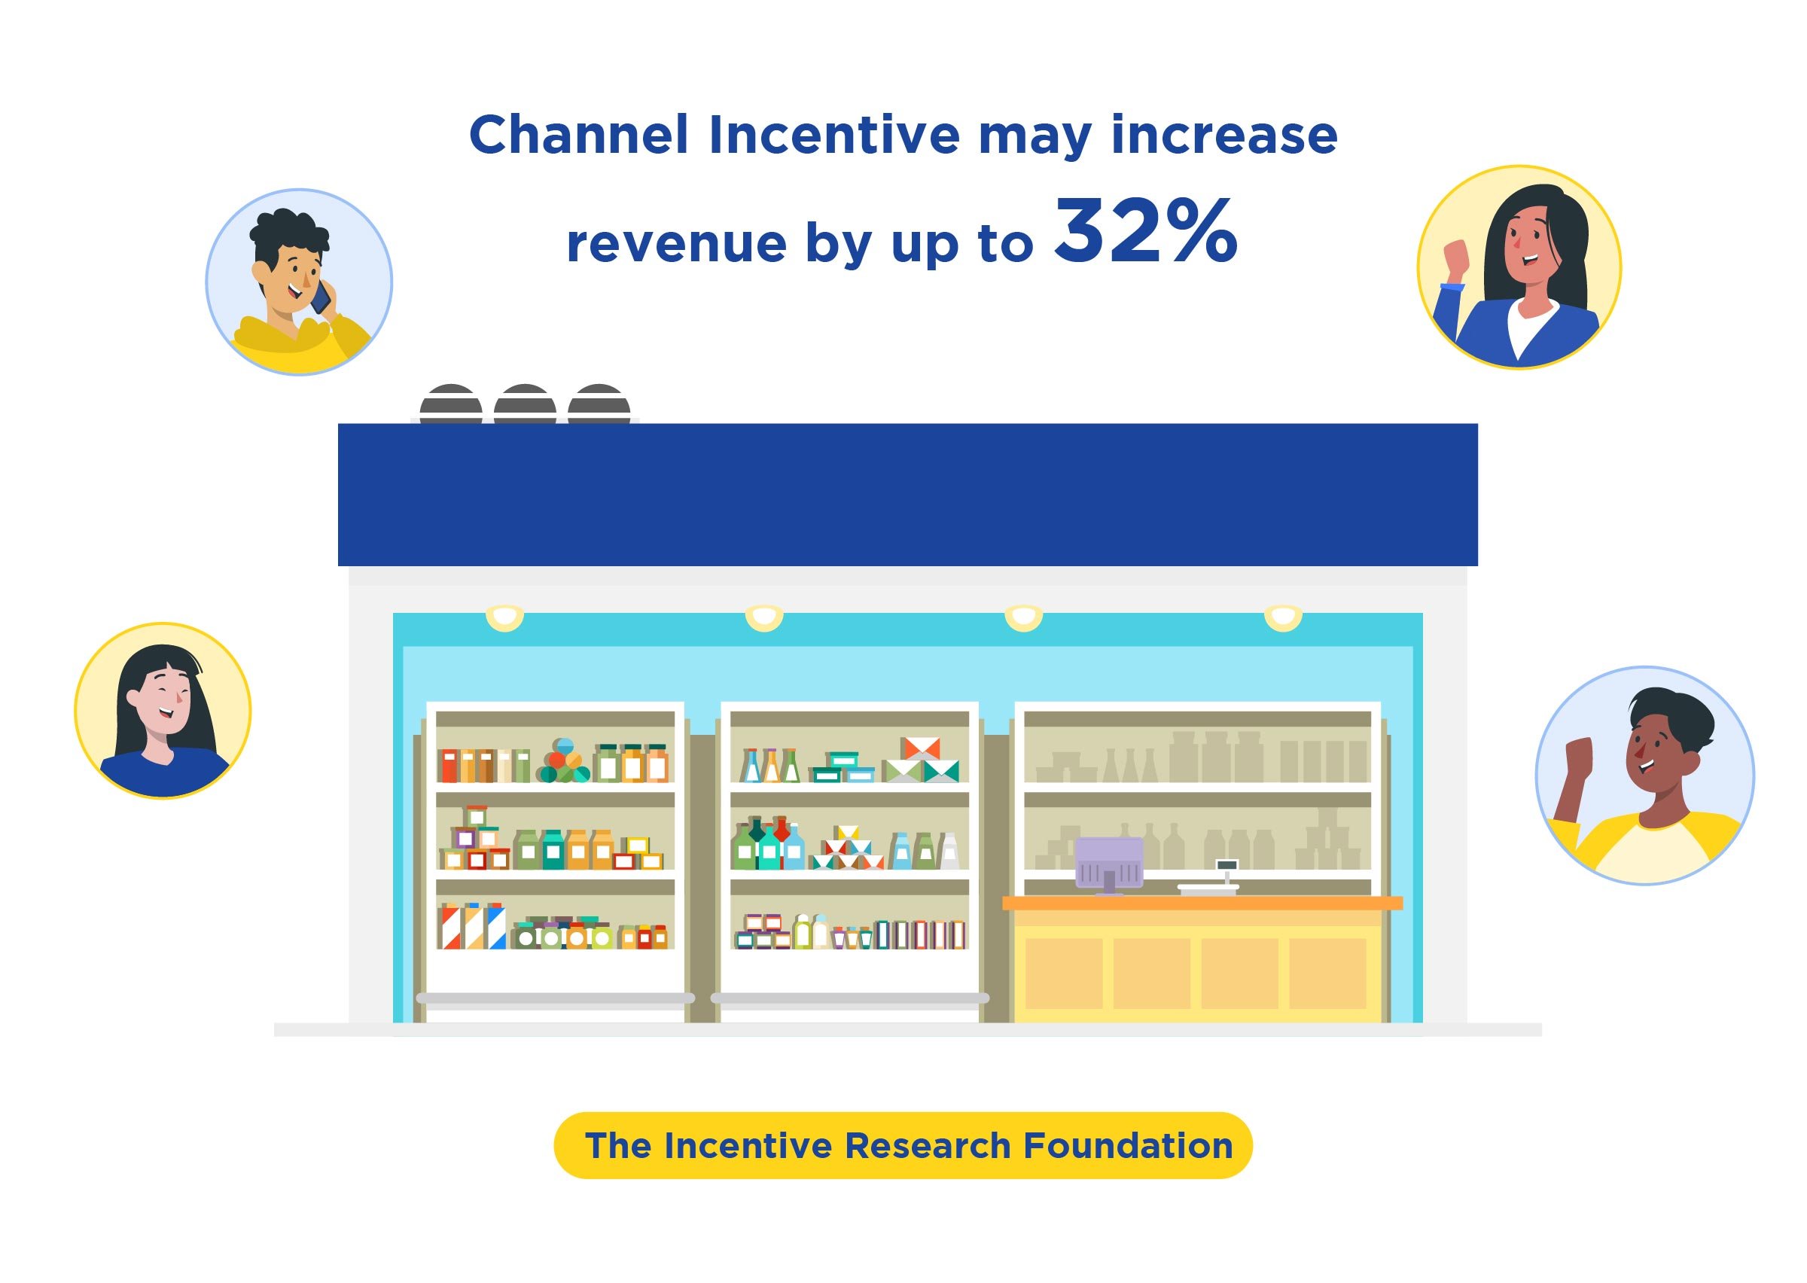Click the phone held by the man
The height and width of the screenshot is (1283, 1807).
[x=321, y=298]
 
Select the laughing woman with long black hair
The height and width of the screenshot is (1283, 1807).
[x=163, y=711]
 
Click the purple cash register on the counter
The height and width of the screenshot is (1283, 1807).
[x=1109, y=864]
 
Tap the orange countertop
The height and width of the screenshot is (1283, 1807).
[x=1202, y=902]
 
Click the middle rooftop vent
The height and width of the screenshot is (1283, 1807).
[x=526, y=404]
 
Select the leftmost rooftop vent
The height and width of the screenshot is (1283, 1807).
[x=451, y=404]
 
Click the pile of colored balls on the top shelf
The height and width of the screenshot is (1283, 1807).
[x=563, y=760]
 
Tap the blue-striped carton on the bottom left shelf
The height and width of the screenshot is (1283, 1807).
[x=496, y=925]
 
